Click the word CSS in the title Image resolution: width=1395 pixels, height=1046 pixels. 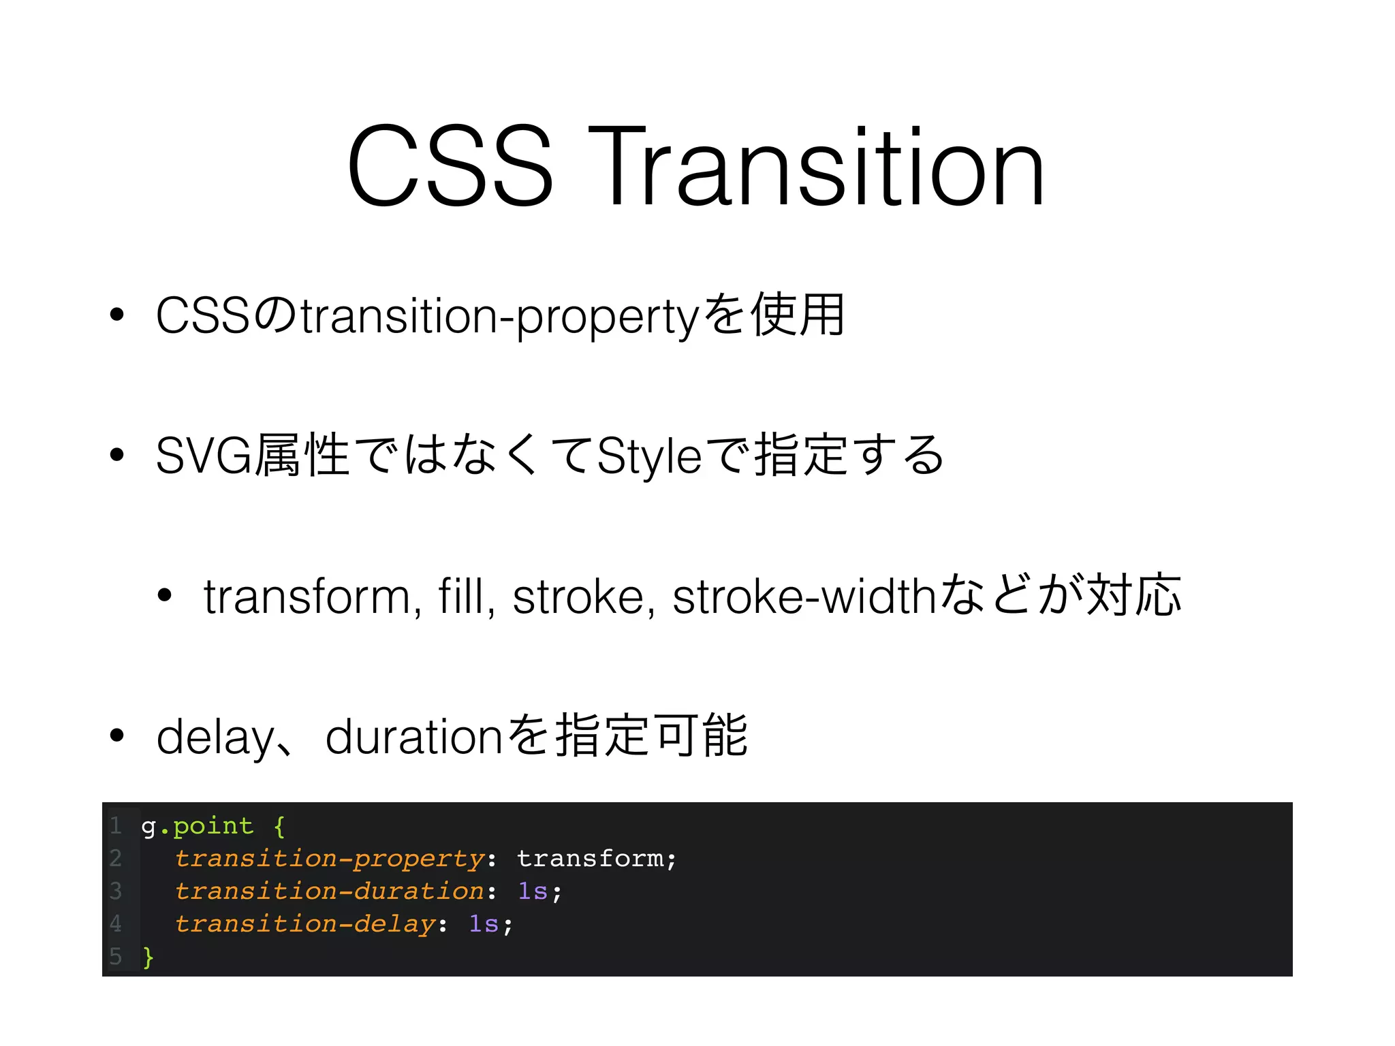(450, 167)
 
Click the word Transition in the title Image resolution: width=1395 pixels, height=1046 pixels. (815, 167)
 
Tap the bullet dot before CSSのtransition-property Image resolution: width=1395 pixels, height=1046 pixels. (117, 315)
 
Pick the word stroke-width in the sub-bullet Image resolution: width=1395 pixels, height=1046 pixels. (803, 597)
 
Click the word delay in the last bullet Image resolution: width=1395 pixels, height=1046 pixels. (215, 738)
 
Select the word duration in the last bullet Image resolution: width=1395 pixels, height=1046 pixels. (413, 738)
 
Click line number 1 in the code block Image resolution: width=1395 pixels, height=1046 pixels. (116, 826)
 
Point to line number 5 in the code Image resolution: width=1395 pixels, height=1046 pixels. (116, 957)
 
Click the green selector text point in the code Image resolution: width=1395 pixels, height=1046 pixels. (213, 827)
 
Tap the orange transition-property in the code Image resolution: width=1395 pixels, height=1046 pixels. (330, 859)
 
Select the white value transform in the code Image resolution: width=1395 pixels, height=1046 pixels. (590, 859)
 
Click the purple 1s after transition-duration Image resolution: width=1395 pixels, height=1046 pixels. (533, 891)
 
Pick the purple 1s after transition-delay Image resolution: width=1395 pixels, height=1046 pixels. (484, 924)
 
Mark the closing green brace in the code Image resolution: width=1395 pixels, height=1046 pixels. (148, 957)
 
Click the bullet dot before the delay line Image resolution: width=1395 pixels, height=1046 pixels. (117, 735)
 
